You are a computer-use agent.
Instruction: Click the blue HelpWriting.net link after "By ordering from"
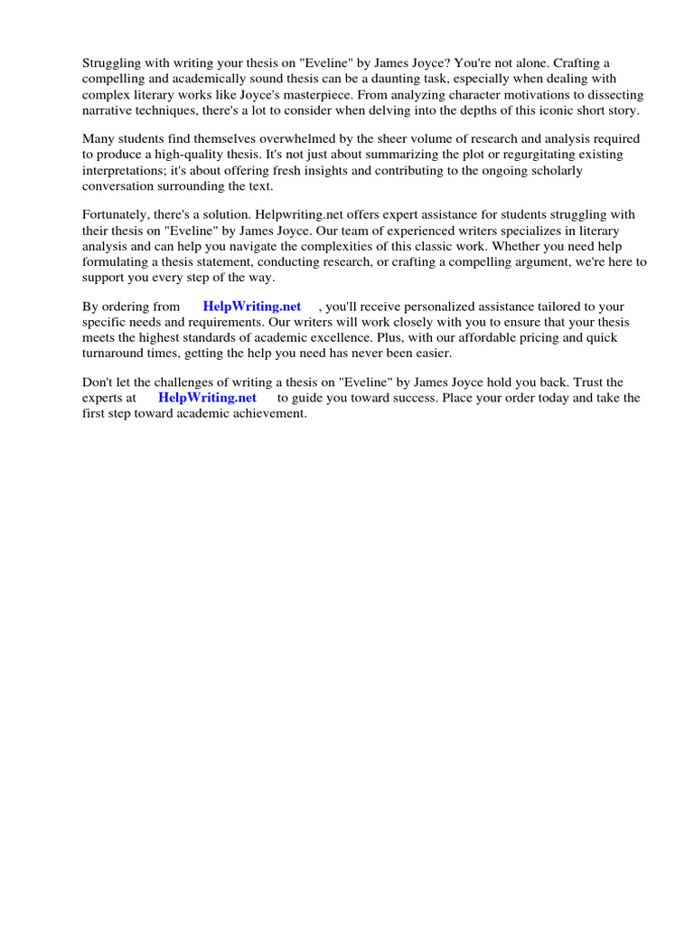click(251, 307)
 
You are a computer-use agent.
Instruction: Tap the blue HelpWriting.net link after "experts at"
click(207, 398)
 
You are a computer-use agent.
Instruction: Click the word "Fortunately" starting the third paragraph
click(117, 215)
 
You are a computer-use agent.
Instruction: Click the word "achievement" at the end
click(270, 413)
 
